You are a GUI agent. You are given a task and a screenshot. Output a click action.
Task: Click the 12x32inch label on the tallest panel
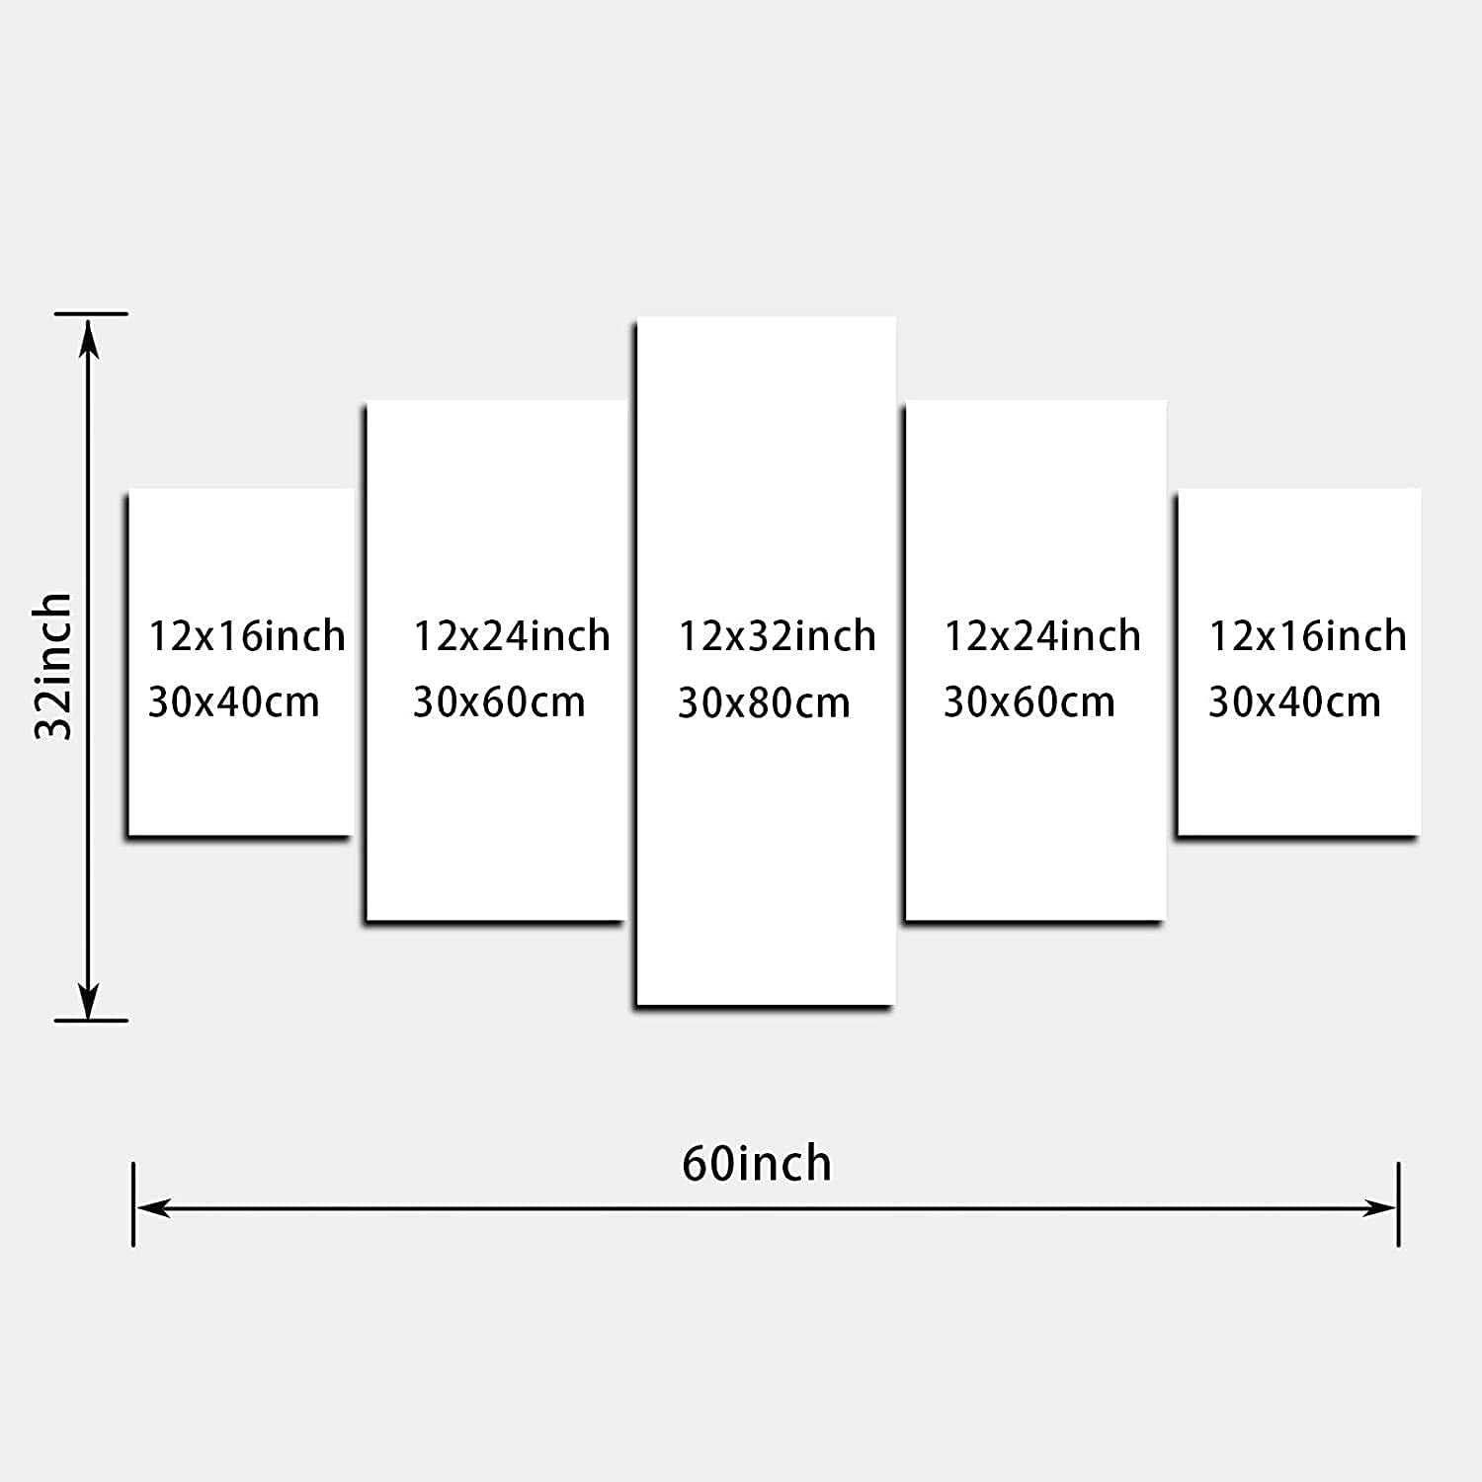point(777,636)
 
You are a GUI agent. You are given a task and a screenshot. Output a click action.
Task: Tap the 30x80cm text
point(764,703)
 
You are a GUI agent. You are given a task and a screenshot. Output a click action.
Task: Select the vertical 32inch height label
point(53,666)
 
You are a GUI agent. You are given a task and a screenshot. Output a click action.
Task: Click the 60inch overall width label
point(757,1164)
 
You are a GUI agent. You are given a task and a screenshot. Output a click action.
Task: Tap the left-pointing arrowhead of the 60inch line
point(153,1207)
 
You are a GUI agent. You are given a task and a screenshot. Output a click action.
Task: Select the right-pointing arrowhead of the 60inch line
point(1379,1207)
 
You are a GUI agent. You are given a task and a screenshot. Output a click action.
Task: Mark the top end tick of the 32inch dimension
point(91,314)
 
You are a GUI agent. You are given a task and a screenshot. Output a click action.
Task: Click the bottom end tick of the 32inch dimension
point(91,1020)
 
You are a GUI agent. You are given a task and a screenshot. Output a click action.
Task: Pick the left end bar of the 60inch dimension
point(133,1204)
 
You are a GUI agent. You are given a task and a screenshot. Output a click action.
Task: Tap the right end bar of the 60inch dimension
point(1399,1204)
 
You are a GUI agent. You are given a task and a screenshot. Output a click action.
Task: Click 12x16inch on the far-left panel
point(247,636)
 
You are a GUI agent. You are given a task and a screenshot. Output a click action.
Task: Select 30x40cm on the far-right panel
point(1294,702)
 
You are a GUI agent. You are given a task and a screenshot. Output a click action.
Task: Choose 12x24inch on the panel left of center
point(512,636)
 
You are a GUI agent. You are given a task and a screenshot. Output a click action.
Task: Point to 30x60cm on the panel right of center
point(1029,702)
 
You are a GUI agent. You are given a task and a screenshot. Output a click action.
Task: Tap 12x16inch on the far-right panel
point(1308,636)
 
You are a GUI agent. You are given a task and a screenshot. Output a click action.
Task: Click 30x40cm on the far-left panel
point(234,702)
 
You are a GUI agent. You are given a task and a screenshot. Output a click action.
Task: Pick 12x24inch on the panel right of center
point(1042,636)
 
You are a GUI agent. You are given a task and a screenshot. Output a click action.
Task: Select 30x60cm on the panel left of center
point(499,702)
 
